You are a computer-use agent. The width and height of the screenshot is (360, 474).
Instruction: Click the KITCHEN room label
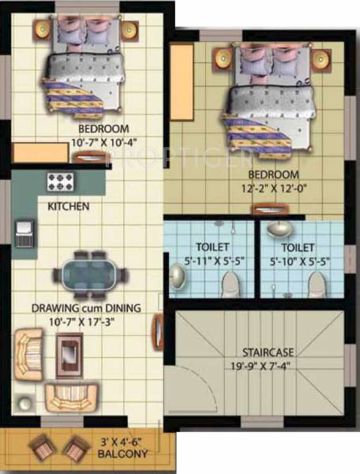click(69, 206)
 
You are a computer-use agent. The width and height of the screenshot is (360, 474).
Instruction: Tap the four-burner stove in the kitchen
click(61, 182)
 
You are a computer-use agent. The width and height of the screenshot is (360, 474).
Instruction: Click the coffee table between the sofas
click(69, 352)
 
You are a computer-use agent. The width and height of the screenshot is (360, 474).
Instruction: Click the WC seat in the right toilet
click(317, 282)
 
